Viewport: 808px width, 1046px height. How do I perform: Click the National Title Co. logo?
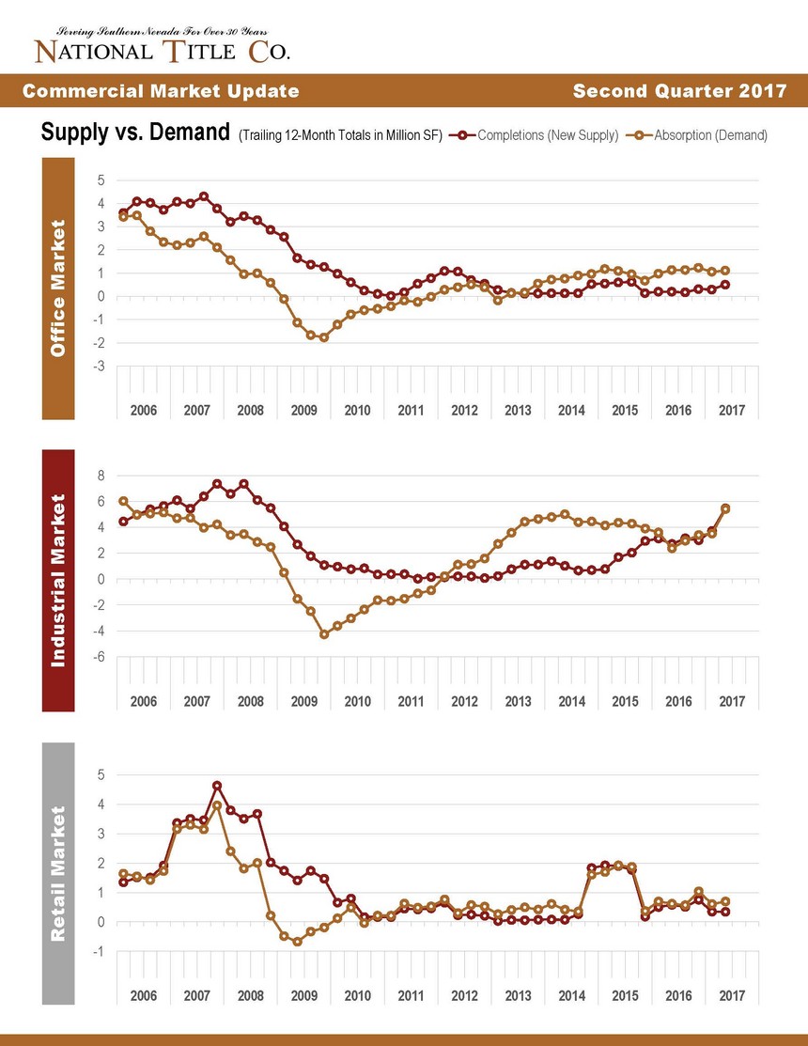162,46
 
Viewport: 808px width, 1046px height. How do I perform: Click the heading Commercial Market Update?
161,91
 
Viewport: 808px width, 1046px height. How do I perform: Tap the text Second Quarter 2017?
680,91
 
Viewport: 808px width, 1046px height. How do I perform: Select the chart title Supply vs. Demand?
135,133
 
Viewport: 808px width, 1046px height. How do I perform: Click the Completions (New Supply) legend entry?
534,134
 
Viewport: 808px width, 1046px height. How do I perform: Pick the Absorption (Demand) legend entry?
697,134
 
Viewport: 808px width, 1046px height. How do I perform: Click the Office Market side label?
58,289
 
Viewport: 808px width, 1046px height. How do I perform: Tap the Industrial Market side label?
58,581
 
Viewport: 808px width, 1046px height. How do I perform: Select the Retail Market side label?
58,873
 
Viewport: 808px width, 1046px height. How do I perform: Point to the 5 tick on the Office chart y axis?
101,180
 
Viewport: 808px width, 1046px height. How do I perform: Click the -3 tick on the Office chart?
99,367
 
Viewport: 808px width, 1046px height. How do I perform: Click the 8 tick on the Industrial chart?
101,476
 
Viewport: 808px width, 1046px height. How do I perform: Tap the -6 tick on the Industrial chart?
99,657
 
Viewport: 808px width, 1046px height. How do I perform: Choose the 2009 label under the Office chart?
304,411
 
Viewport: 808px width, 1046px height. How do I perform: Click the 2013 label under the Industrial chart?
518,702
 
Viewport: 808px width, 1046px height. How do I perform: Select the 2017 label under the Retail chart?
732,996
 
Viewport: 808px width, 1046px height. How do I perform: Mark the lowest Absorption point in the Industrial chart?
324,634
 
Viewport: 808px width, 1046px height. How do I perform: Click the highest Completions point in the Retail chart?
217,786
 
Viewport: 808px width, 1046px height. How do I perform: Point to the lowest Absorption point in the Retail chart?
297,942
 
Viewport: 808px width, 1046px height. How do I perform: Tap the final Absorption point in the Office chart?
725,271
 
